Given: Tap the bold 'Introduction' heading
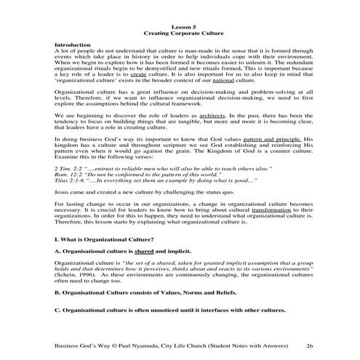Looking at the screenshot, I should coord(72,45).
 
